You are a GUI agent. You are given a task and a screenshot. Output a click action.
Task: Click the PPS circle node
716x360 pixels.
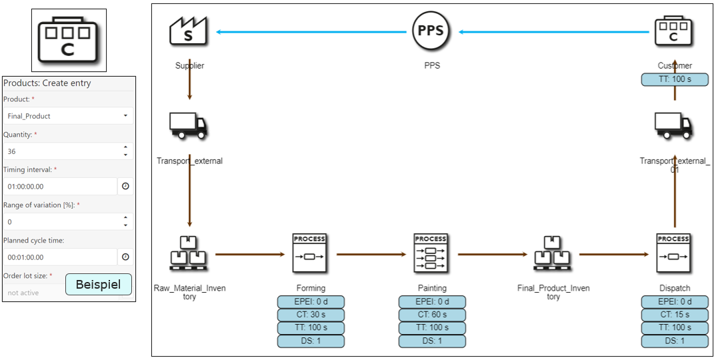[x=431, y=31]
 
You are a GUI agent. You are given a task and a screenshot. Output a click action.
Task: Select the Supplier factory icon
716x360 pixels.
[x=189, y=31]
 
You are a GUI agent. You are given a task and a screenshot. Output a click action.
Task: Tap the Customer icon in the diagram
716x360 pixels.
[x=673, y=31]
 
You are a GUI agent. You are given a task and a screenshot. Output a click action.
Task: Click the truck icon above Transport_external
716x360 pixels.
[x=189, y=126]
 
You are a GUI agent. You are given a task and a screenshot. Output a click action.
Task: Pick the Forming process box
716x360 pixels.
[x=310, y=253]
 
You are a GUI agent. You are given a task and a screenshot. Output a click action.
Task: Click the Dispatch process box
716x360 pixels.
[x=673, y=253]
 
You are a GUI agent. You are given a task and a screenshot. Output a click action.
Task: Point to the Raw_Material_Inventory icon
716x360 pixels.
[x=189, y=253]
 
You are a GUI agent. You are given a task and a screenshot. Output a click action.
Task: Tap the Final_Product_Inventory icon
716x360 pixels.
[x=553, y=253]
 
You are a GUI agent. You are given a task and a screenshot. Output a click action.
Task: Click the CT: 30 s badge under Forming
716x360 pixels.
[x=311, y=315]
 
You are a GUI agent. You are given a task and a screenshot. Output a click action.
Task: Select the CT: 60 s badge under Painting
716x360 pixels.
[x=432, y=315]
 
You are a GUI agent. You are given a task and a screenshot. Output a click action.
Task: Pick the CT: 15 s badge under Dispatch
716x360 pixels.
[x=675, y=315]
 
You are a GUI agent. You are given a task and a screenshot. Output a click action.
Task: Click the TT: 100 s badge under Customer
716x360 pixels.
[x=675, y=79]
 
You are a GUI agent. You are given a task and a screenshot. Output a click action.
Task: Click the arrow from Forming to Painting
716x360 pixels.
[x=371, y=254]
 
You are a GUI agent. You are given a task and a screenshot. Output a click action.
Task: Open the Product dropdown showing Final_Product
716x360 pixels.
[x=68, y=116]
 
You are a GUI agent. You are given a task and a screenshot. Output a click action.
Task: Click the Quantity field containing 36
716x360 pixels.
[x=61, y=151]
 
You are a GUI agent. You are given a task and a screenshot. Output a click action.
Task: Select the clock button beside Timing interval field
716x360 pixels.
[x=125, y=187]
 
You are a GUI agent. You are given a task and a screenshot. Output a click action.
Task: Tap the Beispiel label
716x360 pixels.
[x=98, y=285]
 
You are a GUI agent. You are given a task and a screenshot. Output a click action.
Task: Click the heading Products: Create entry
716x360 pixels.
[x=47, y=83]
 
